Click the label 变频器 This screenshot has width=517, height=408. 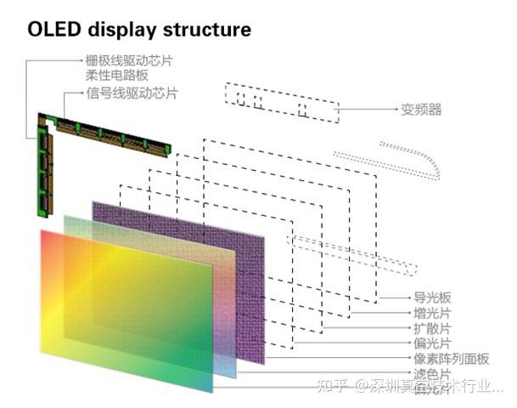tap(421, 110)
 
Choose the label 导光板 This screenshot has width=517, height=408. tap(432, 297)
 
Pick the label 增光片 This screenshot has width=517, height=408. tap(432, 313)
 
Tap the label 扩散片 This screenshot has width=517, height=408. tap(432, 328)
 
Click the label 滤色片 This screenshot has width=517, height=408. tap(432, 373)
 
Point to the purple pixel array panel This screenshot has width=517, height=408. tap(238, 255)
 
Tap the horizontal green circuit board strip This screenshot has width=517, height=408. tap(110, 136)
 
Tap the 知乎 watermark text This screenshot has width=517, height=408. tap(331, 388)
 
